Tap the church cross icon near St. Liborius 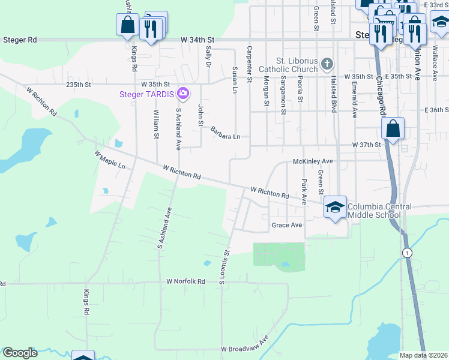coord(327,64)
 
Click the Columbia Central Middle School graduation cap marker coord(335,208)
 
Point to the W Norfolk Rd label coord(186,281)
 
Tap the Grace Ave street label coord(286,225)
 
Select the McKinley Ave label coord(312,161)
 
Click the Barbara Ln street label coord(224,133)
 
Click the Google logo coord(20,353)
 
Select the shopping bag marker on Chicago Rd coord(393,129)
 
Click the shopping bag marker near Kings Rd coord(127,25)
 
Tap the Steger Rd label coord(20,40)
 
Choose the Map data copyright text coord(423,355)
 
